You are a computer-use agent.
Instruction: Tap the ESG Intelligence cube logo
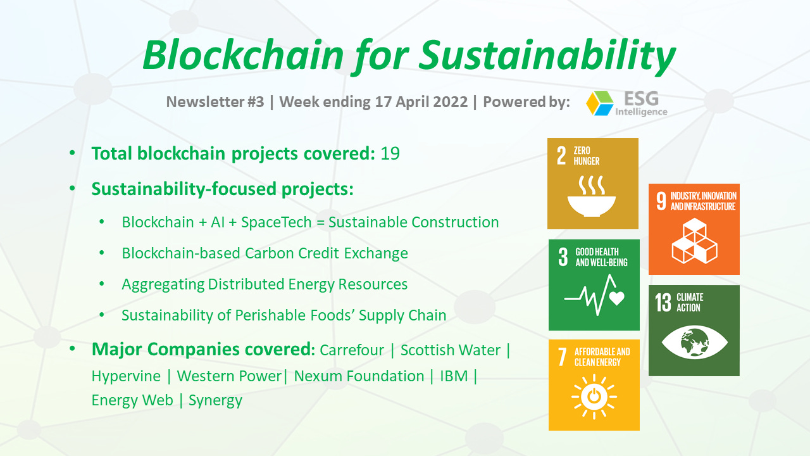click(x=600, y=103)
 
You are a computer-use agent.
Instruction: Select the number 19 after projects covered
click(x=390, y=153)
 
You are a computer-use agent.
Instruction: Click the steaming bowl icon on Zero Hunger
click(x=591, y=196)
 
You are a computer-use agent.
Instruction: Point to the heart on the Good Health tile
click(x=616, y=298)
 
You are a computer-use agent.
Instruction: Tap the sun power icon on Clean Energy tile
click(x=594, y=396)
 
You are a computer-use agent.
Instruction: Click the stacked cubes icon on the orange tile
click(x=694, y=241)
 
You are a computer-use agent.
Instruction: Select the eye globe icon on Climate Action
click(x=694, y=341)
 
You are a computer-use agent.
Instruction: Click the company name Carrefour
click(x=352, y=350)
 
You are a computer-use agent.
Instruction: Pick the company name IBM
click(x=454, y=376)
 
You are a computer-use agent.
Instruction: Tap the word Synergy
click(x=216, y=401)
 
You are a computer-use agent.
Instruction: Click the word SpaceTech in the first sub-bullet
click(x=277, y=222)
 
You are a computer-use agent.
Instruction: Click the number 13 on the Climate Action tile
click(x=663, y=303)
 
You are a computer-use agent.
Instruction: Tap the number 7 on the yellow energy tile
click(x=562, y=357)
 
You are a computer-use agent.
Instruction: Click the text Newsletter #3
click(x=215, y=102)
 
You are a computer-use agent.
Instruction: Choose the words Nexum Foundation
click(x=359, y=376)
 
